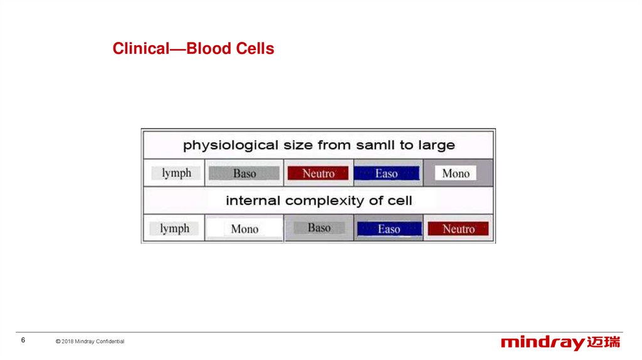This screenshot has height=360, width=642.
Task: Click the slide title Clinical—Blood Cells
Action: click(193, 48)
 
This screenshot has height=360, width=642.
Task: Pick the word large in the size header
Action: click(436, 146)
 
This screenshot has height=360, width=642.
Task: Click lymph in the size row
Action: click(176, 173)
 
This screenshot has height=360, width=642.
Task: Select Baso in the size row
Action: click(245, 173)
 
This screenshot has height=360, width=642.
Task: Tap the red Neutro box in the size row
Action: click(318, 173)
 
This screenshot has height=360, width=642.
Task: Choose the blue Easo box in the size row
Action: click(386, 173)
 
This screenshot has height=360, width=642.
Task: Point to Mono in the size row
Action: click(456, 173)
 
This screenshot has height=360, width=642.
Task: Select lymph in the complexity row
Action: click(174, 228)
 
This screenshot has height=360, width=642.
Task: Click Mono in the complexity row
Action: click(245, 228)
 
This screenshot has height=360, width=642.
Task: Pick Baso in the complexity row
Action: click(319, 228)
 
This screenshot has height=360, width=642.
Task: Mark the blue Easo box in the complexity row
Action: click(389, 229)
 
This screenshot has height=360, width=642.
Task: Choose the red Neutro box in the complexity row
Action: click(458, 228)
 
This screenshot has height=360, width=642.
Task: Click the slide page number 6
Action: click(23, 341)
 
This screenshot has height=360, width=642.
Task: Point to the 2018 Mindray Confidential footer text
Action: click(90, 341)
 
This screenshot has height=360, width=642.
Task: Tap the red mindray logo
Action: click(560, 343)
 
